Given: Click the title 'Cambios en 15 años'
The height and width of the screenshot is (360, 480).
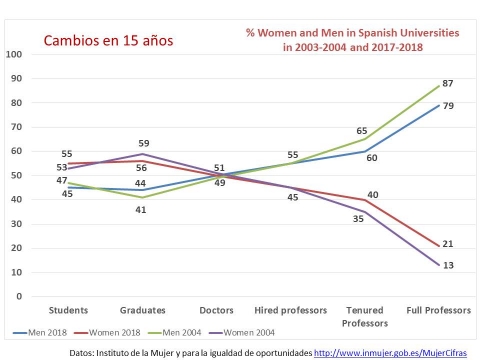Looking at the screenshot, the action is point(108,41).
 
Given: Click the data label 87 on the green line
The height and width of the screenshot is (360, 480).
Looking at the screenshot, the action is point(448,83).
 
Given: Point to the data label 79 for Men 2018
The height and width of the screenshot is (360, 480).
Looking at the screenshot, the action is point(448,106).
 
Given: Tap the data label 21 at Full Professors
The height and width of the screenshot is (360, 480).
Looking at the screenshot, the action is point(448,244).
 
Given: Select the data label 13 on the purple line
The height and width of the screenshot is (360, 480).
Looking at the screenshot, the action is point(448,265).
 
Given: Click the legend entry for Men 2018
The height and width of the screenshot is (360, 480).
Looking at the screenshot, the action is point(40,332).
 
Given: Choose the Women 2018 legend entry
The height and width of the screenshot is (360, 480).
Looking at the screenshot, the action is point(107,332).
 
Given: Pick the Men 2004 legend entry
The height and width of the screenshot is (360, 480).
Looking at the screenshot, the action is point(174,332).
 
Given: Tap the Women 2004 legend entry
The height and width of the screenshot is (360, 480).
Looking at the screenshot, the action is point(242,332).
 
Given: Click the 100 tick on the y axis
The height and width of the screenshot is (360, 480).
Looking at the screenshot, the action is point(14,54).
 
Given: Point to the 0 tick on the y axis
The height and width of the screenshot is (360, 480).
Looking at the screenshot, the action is point(19,296).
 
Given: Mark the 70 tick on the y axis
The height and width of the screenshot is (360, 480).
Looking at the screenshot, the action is point(16,127).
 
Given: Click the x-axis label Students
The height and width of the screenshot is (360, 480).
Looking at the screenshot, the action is point(68,310).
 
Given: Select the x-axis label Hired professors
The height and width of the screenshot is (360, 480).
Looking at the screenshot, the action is point(291,310).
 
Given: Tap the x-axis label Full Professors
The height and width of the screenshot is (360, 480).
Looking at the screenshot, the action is point(439,310).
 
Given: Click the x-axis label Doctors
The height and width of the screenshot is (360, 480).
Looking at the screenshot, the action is point(216,310).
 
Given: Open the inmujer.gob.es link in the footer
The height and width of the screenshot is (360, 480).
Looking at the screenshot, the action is point(390,353).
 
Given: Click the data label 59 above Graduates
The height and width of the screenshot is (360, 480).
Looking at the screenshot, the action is point(144,143).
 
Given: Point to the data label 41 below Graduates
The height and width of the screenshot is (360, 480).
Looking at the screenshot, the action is point(141,210).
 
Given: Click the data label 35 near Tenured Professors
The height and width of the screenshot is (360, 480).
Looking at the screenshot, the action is point(358,219).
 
